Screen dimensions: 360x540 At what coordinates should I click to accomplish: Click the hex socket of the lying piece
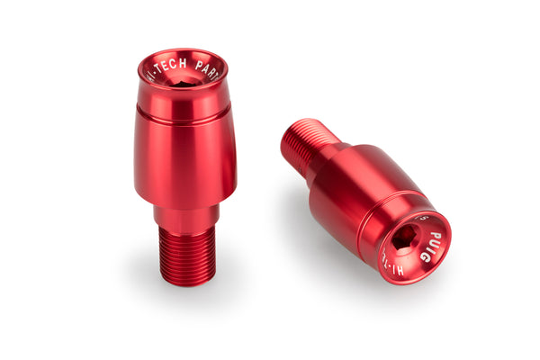point(405,238)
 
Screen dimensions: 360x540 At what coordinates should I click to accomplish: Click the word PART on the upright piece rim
point(211,69)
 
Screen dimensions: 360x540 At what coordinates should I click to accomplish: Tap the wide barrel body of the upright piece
point(184,162)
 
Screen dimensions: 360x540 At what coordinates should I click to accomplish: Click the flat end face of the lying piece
point(412,246)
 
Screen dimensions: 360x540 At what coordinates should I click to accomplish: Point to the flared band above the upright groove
point(184,101)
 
